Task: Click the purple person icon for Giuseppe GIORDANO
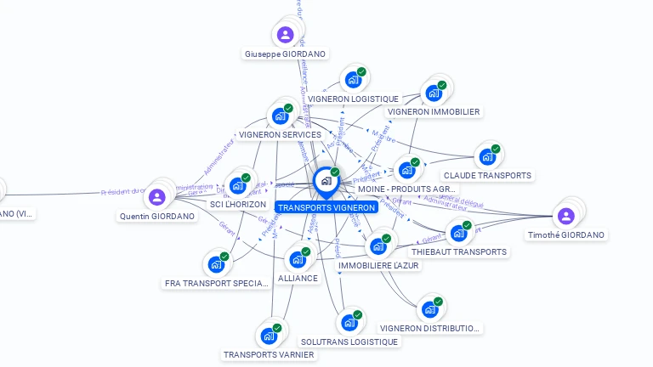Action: pos(285,35)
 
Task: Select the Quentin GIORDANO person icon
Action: pos(156,197)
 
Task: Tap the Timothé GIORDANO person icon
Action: pos(566,216)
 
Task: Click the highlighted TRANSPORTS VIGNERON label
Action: pos(326,207)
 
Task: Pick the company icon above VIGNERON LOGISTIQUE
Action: pos(353,81)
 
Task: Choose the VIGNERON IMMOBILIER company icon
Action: pos(434,93)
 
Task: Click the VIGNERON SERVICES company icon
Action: pos(280,116)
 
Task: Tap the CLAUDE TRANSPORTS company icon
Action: pos(487,156)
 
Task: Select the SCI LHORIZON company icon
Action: pos(237,185)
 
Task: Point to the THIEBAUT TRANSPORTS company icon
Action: pos(458,233)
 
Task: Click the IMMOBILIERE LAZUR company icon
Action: pos(378,246)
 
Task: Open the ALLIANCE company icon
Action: pos(298,259)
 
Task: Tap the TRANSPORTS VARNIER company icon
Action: pos(269,336)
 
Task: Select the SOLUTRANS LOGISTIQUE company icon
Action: pos(349,323)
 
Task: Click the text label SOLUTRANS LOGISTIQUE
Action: pos(349,342)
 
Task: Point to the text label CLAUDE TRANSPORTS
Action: pos(487,175)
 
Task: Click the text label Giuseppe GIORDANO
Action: pos(285,54)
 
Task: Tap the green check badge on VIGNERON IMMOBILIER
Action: pos(442,85)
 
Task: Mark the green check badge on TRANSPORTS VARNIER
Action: pos(277,328)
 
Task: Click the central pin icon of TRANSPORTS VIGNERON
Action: pos(326,181)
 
